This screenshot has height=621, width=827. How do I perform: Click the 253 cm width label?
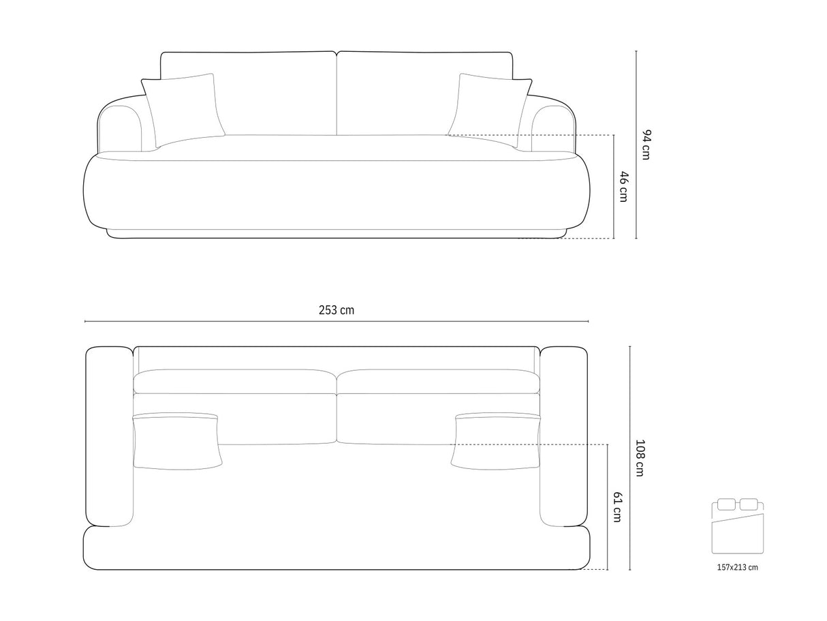pos(337,310)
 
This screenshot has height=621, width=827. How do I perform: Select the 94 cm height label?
pos(646,145)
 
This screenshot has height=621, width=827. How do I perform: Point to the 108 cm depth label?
pos(640,457)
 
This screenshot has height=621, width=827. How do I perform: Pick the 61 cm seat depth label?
pos(617,507)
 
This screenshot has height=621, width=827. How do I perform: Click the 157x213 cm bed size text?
pos(737,566)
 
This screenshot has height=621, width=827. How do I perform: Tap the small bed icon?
pos(737,526)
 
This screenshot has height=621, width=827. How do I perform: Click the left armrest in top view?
pos(109,436)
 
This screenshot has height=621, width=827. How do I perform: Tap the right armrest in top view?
pos(563,436)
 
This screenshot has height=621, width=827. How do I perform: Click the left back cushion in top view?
pos(235,382)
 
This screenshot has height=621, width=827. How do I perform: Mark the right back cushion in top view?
pos(438,382)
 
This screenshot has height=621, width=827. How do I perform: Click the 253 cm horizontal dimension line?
pos(204,321)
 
